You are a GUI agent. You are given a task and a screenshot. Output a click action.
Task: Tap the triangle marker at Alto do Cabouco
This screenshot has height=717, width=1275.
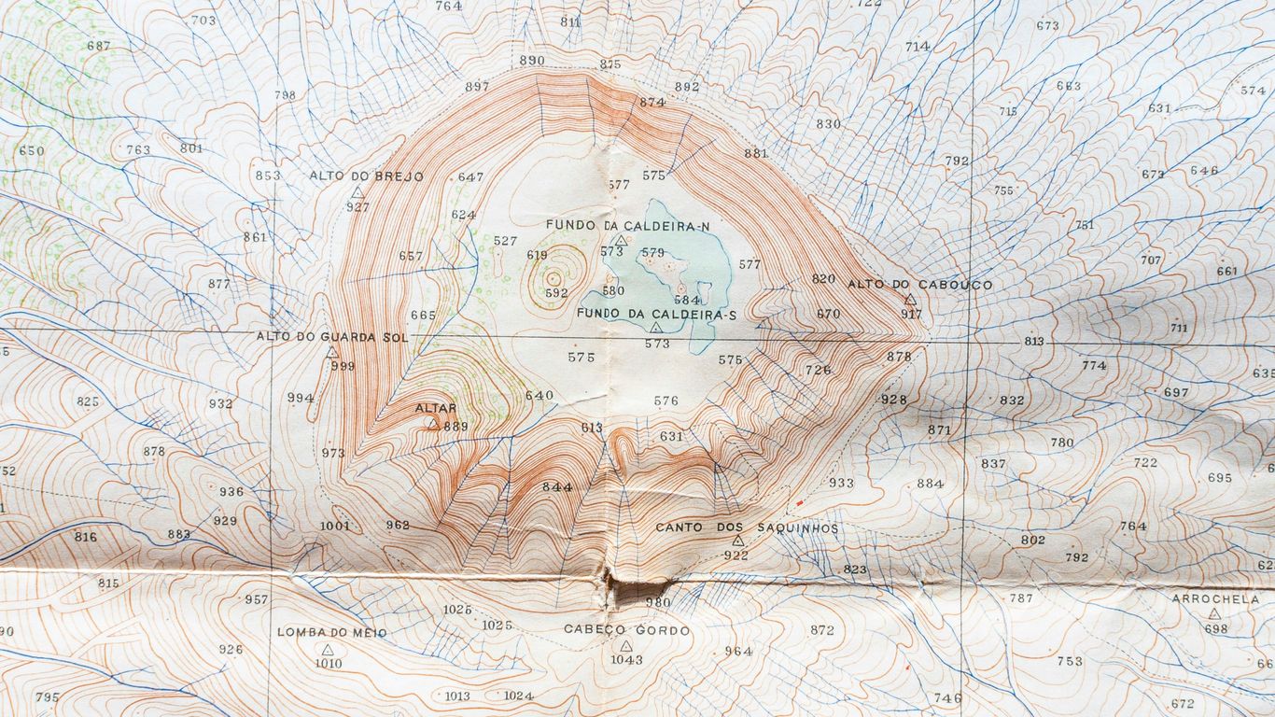tap(910, 300)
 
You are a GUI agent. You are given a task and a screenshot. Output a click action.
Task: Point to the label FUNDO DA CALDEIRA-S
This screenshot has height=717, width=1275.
tap(657, 314)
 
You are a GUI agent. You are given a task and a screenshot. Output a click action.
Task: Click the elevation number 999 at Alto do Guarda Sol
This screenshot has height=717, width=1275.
tap(343, 366)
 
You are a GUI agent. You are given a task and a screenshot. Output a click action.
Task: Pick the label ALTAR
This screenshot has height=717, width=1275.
tap(436, 408)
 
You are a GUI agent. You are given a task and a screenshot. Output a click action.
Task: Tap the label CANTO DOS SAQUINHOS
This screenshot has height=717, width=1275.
tap(747, 527)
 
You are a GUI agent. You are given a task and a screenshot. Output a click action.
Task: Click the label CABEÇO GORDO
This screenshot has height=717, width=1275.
tap(626, 630)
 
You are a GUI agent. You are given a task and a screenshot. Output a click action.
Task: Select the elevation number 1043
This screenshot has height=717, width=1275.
tap(626, 659)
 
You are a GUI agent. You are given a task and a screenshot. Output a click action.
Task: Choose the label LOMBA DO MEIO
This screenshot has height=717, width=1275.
tap(331, 632)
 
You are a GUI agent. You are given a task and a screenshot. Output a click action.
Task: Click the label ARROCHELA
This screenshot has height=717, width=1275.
tap(1215, 599)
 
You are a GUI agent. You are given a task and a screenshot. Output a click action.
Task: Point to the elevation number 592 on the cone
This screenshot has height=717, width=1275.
tap(556, 293)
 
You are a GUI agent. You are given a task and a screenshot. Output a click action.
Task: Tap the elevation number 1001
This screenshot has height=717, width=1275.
tap(334, 526)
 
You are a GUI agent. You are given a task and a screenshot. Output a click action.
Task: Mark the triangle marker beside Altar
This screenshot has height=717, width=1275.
tap(432, 424)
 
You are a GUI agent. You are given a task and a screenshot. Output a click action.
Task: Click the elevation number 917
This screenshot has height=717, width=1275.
tap(911, 315)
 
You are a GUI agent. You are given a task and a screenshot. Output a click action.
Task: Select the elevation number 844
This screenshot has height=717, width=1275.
tap(556, 486)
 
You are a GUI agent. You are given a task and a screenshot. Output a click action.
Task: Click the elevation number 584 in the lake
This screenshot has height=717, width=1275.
tap(686, 301)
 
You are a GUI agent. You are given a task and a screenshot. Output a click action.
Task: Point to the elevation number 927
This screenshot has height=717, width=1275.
tap(357, 206)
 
